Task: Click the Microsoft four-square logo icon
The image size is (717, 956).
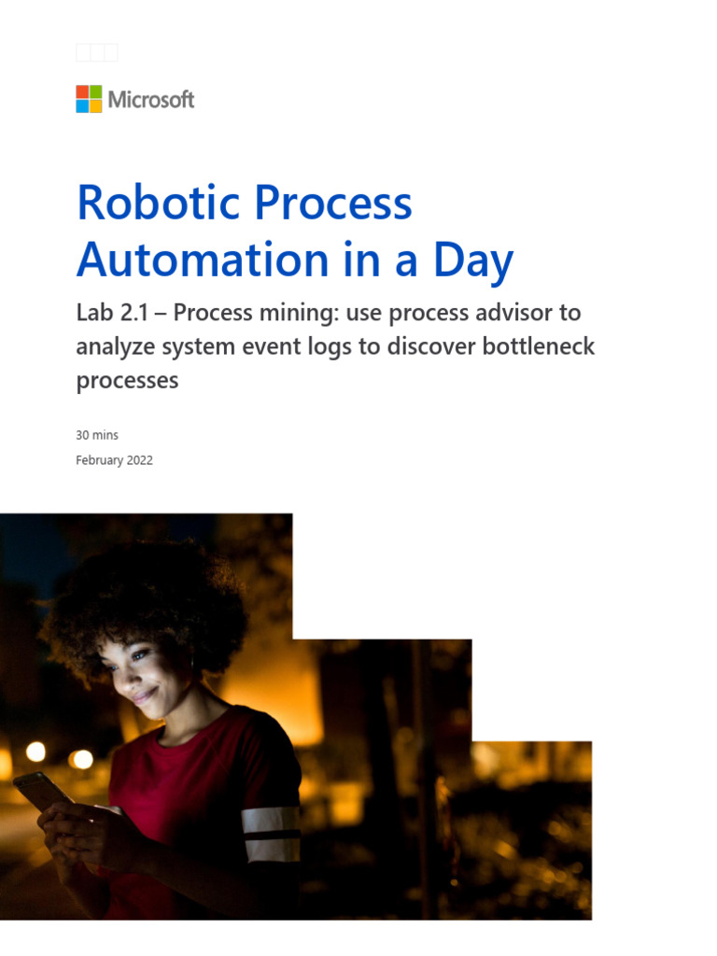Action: point(89,99)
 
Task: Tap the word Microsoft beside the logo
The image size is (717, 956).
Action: point(151,100)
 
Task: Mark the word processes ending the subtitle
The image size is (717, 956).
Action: point(127,381)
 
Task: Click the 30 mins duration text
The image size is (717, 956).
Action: point(97,435)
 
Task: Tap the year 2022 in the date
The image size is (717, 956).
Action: point(136,459)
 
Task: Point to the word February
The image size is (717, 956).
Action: point(97,459)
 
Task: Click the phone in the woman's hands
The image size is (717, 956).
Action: point(40,790)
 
